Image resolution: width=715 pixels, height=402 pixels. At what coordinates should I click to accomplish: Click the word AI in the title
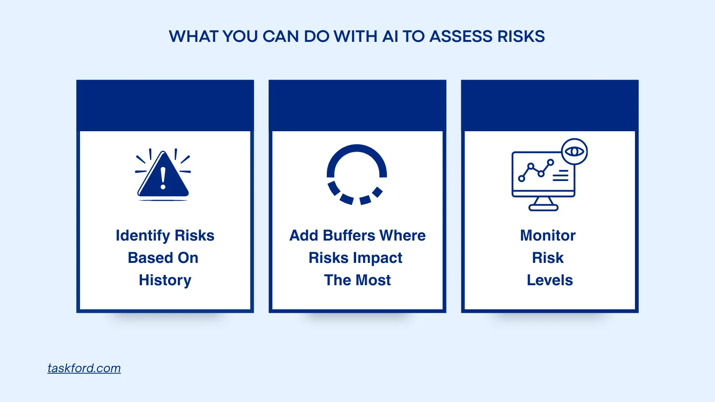pyautogui.click(x=390, y=36)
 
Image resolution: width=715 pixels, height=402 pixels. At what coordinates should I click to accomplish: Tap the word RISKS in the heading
pyautogui.click(x=521, y=36)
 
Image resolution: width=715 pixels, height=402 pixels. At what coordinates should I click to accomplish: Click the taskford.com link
pyautogui.click(x=84, y=368)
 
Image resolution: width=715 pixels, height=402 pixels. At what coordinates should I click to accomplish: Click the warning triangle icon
pyautogui.click(x=163, y=175)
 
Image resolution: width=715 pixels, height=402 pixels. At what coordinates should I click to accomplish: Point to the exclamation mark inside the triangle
pyautogui.click(x=163, y=178)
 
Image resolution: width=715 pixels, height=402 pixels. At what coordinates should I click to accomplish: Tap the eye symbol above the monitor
pyautogui.click(x=574, y=151)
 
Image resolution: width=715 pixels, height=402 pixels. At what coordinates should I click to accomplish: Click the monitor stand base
pyautogui.click(x=543, y=208)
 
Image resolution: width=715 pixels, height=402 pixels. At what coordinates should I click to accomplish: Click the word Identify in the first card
pyautogui.click(x=143, y=236)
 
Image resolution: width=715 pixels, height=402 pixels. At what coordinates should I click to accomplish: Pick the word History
pyautogui.click(x=165, y=281)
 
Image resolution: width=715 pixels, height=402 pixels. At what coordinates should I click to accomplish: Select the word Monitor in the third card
pyautogui.click(x=548, y=236)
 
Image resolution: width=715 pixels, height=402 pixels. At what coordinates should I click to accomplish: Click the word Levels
pyautogui.click(x=550, y=281)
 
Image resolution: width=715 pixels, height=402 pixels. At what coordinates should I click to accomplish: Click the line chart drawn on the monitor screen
pyautogui.click(x=536, y=170)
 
